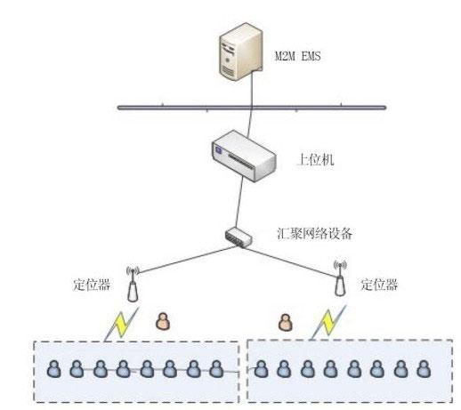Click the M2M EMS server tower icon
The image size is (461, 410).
pyautogui.click(x=241, y=51)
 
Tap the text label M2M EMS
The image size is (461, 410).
pyautogui.click(x=298, y=56)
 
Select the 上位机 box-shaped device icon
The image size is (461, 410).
pyautogui.click(x=244, y=156)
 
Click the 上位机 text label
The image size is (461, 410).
pyautogui.click(x=315, y=159)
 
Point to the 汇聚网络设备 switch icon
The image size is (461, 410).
pyautogui.click(x=239, y=237)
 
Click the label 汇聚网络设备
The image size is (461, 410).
pyautogui.click(x=315, y=234)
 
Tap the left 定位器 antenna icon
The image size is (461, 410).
pyautogui.click(x=133, y=284)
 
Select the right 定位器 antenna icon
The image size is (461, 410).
pyautogui.click(x=340, y=278)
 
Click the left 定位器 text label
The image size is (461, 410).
pyautogui.click(x=92, y=285)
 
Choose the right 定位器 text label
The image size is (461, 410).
pyautogui.click(x=379, y=285)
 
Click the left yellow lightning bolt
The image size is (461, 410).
pyautogui.click(x=121, y=325)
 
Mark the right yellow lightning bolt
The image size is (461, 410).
pyautogui.click(x=328, y=323)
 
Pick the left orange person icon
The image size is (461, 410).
pyautogui.click(x=163, y=321)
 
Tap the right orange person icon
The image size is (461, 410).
pyautogui.click(x=285, y=323)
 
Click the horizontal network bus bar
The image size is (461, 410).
pyautogui.click(x=252, y=108)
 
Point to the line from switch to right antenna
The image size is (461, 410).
pyautogui.click(x=290, y=261)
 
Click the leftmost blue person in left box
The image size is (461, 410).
pyautogui.click(x=54, y=368)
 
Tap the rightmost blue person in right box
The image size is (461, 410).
pyautogui.click(x=424, y=368)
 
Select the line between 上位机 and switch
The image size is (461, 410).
pyautogui.click(x=239, y=202)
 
